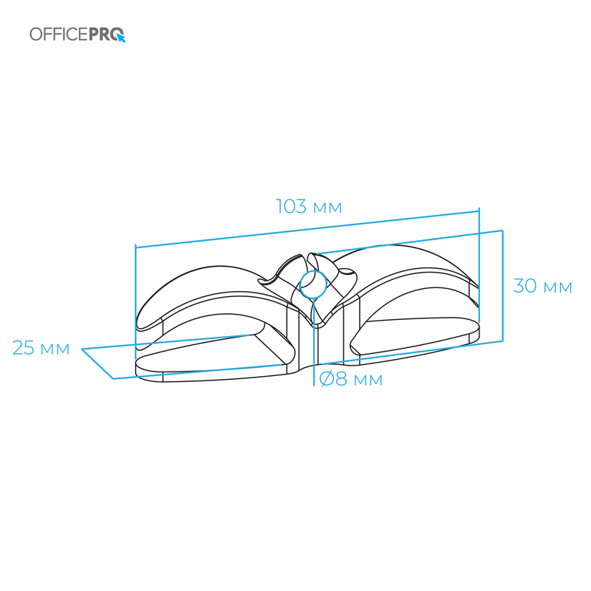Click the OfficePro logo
click(78, 34)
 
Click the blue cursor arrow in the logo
click(120, 38)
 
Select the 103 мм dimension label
click(309, 207)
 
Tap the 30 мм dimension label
click(543, 286)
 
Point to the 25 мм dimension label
click(41, 347)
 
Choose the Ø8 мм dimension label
click(351, 379)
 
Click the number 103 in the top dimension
click(291, 207)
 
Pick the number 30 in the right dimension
click(525, 286)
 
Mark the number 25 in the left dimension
click(24, 347)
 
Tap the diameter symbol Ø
click(327, 379)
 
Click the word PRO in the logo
click(106, 34)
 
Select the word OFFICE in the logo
click(59, 34)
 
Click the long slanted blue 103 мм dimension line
click(307, 228)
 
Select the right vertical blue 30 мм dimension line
click(503, 286)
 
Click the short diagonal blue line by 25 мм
click(98, 363)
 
